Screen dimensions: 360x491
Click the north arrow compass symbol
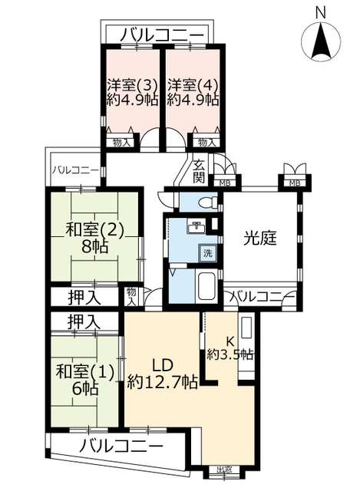321,41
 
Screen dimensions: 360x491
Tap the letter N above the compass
321,13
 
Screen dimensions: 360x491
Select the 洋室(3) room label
131,84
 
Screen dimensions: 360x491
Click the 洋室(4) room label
193,84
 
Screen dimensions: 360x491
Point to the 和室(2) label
95,232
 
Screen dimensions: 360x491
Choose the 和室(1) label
85,374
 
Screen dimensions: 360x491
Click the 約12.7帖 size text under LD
162,382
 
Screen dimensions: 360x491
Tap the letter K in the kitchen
230,341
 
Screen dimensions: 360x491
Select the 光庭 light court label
260,239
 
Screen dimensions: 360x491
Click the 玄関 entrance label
199,171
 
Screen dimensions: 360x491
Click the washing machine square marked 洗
208,253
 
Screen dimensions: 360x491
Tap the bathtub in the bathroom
206,286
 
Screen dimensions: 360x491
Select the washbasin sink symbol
197,226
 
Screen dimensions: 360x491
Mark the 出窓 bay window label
224,478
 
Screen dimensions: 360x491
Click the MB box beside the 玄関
225,183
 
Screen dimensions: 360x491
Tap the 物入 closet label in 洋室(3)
121,143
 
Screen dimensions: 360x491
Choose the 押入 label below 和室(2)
84,298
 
